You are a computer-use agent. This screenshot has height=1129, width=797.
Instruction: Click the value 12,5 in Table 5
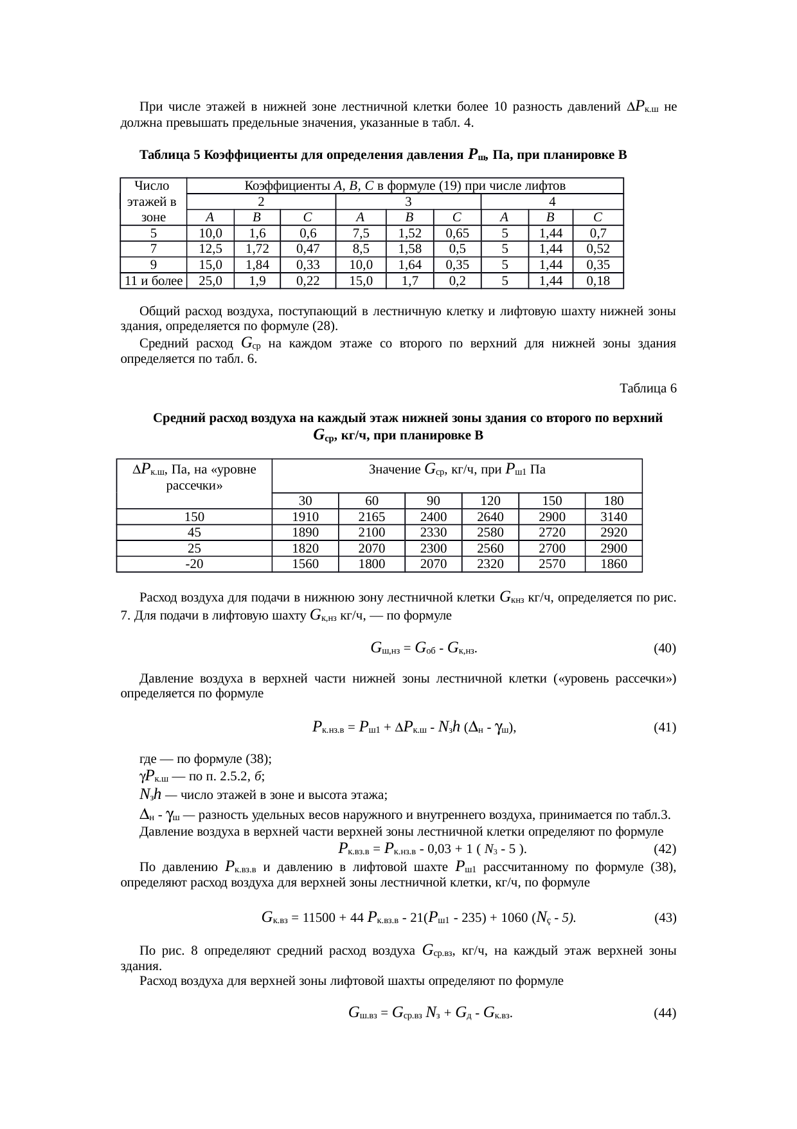click(x=210, y=248)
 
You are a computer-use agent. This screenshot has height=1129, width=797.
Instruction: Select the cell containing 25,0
click(x=210, y=280)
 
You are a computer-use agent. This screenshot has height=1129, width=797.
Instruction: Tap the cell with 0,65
click(x=458, y=233)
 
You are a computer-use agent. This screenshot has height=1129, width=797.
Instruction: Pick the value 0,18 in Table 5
click(x=598, y=280)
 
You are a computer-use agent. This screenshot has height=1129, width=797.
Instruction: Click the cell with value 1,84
click(x=258, y=264)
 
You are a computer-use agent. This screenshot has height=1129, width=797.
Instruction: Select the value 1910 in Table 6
click(x=305, y=517)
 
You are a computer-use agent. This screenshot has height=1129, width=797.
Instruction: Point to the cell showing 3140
click(x=613, y=517)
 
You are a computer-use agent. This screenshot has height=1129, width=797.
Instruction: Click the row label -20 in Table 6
click(x=194, y=564)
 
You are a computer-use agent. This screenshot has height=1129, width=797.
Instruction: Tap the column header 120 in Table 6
click(x=490, y=500)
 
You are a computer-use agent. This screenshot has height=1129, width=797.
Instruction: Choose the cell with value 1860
click(x=613, y=564)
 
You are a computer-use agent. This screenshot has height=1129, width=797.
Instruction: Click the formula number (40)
click(x=664, y=648)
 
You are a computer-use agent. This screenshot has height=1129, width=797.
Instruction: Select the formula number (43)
click(x=664, y=918)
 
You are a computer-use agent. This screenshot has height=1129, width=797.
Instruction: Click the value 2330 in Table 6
click(x=433, y=533)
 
